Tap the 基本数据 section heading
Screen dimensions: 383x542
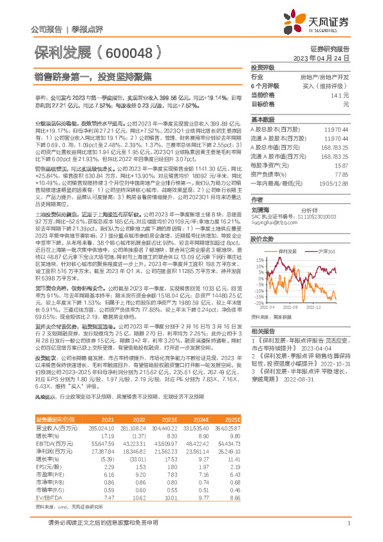263,120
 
